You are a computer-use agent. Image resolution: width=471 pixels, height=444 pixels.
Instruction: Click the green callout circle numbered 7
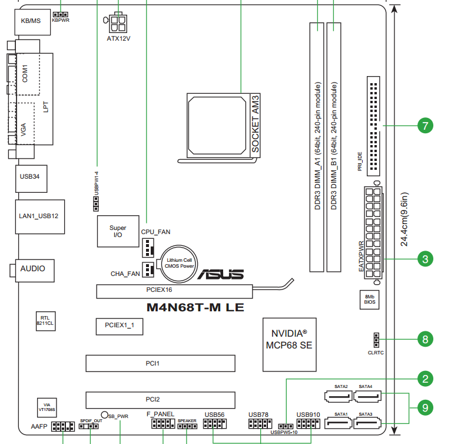(x=424, y=126)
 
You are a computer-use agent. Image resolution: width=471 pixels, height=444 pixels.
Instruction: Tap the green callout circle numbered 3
(x=424, y=258)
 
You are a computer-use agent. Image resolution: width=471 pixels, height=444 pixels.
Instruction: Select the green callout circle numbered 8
(x=424, y=339)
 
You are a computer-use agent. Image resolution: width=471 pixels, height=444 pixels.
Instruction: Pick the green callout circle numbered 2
(x=424, y=379)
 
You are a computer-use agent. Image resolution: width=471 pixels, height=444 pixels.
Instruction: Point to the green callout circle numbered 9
(x=424, y=407)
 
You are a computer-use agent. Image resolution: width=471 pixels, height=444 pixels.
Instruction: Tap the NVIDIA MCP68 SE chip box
(x=288, y=339)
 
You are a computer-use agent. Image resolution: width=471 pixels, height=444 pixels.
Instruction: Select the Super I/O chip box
(x=118, y=231)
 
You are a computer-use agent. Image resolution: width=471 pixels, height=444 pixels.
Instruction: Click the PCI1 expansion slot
(x=160, y=363)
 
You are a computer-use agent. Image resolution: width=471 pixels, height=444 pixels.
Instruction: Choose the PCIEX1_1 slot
(x=120, y=325)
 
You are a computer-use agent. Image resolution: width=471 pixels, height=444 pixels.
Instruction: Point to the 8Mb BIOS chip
(x=369, y=300)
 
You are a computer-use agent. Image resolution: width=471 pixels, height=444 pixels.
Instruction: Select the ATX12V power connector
(x=118, y=24)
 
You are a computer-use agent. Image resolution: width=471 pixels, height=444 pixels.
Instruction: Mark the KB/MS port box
(x=31, y=21)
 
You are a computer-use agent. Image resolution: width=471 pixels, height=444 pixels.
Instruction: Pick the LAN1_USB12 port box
(x=38, y=216)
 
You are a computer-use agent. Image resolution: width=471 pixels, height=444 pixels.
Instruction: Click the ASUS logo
(x=221, y=275)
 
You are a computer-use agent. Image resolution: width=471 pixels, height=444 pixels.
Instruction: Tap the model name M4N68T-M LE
(x=195, y=307)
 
